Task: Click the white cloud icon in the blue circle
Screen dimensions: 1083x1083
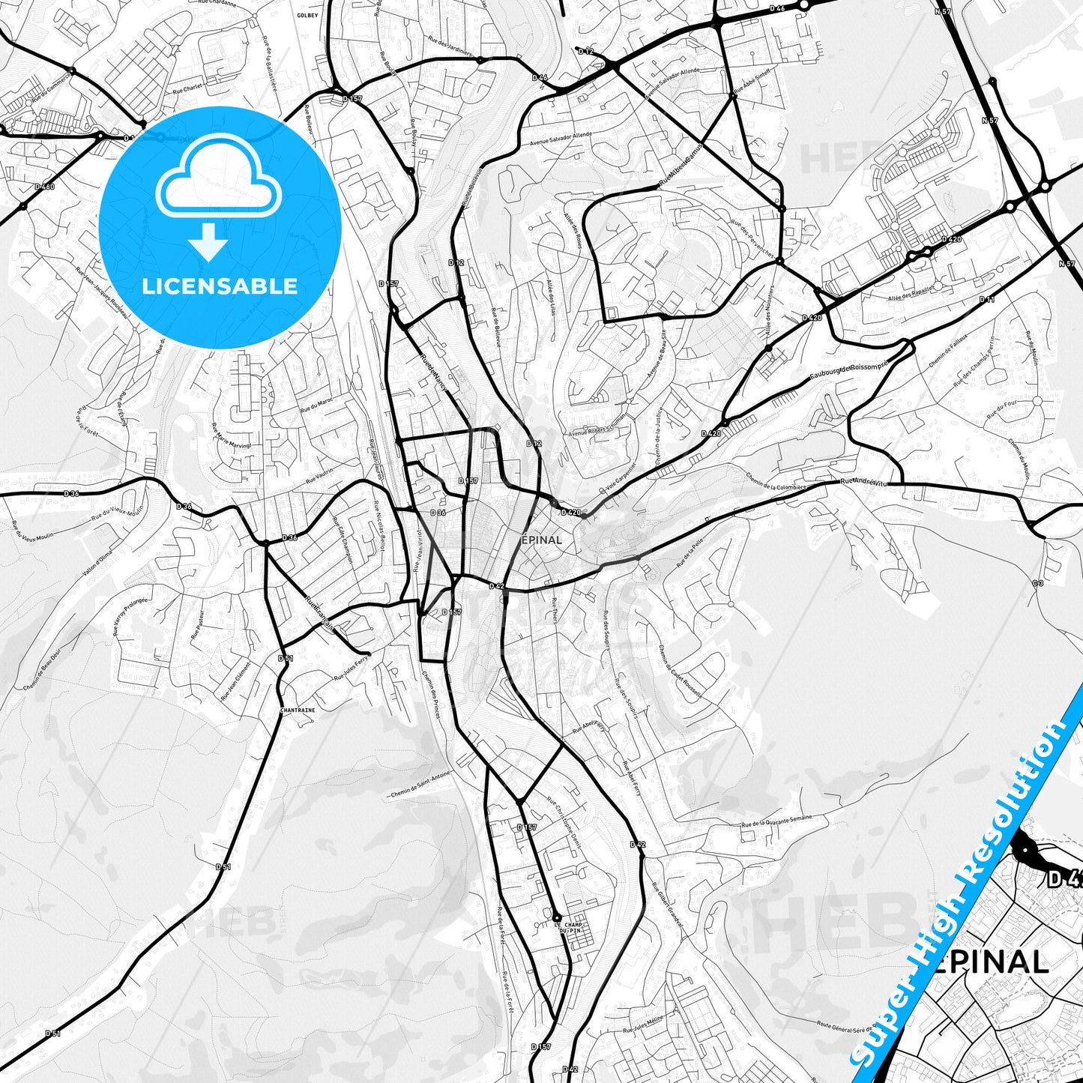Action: coord(218,180)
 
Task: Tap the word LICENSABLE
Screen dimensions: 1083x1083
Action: coord(220,286)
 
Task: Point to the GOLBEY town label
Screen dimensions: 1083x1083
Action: coord(307,15)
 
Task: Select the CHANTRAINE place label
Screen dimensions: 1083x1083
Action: coord(298,709)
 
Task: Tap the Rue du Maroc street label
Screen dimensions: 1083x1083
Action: coord(316,405)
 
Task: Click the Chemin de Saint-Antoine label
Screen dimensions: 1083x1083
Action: coord(420,785)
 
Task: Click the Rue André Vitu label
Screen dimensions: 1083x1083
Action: coord(863,482)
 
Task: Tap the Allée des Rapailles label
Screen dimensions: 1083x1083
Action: coord(911,292)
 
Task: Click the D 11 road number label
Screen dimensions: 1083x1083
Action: coord(986,300)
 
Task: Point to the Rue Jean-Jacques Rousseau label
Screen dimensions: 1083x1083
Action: coord(102,293)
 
